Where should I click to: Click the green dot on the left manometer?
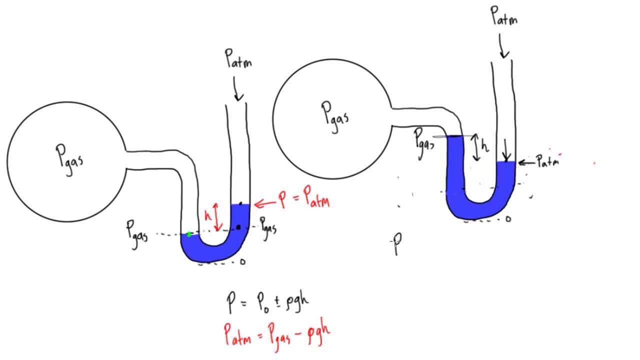click(x=189, y=234)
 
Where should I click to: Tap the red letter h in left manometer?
click(x=207, y=216)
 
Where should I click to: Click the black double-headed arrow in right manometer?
click(x=475, y=148)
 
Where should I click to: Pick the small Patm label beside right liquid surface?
click(x=546, y=161)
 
